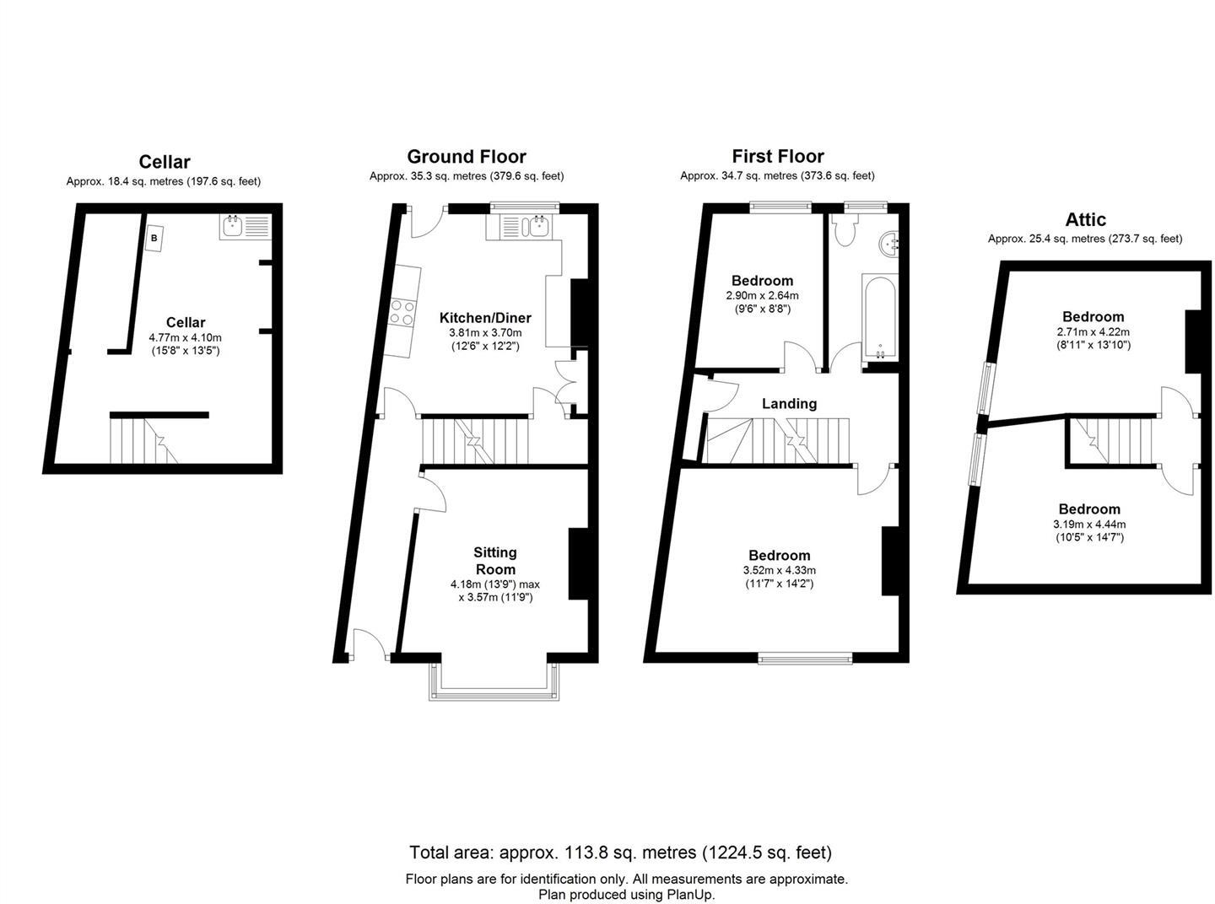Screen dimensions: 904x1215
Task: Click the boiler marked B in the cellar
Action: tap(154, 239)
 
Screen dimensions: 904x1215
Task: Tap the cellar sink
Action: tap(245, 226)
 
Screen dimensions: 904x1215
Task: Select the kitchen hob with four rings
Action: tap(402, 313)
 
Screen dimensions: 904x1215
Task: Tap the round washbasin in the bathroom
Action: tap(890, 244)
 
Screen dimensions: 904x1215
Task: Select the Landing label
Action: tap(789, 404)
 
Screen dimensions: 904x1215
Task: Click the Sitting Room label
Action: tap(495, 561)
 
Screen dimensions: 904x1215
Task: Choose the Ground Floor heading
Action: tap(466, 157)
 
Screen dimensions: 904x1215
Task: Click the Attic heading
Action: tap(1085, 220)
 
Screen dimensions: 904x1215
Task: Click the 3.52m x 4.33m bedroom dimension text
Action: tap(779, 571)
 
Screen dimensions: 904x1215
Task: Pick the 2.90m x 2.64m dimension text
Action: tap(762, 296)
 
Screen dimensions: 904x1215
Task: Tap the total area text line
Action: tap(620, 852)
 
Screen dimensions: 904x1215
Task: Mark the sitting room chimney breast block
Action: tap(578, 563)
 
